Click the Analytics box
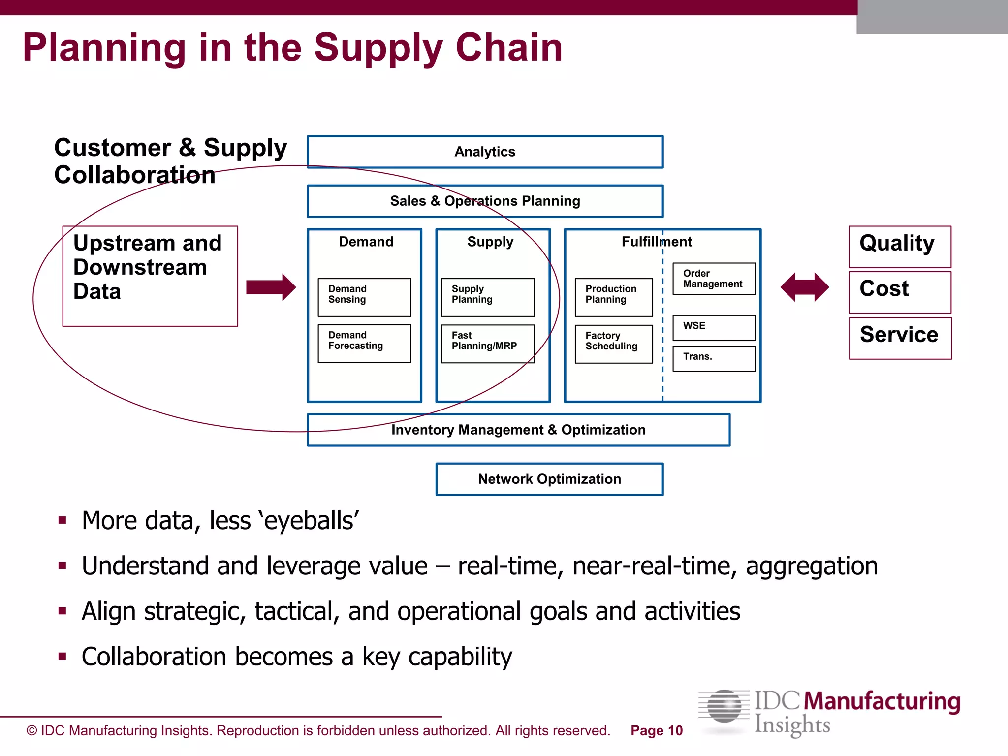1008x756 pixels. coord(485,152)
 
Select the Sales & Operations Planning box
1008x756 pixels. coord(485,201)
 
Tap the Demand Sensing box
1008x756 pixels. coord(364,297)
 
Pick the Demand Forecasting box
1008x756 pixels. coord(364,343)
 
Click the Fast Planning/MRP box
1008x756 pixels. coord(487,343)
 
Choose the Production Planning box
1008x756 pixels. coord(613,297)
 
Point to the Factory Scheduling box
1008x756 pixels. coord(613,344)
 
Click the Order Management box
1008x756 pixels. coord(714,279)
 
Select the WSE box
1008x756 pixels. coord(714,327)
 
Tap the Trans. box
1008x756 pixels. coord(714,358)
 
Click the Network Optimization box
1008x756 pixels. coord(549,479)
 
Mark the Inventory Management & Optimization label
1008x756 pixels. coord(518,430)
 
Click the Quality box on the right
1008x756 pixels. coord(900,247)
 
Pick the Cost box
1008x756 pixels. coord(900,292)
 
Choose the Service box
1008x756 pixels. coord(900,338)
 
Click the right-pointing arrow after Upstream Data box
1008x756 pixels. coord(271,287)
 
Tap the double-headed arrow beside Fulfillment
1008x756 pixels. coord(805,287)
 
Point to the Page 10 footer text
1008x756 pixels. coord(657,730)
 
